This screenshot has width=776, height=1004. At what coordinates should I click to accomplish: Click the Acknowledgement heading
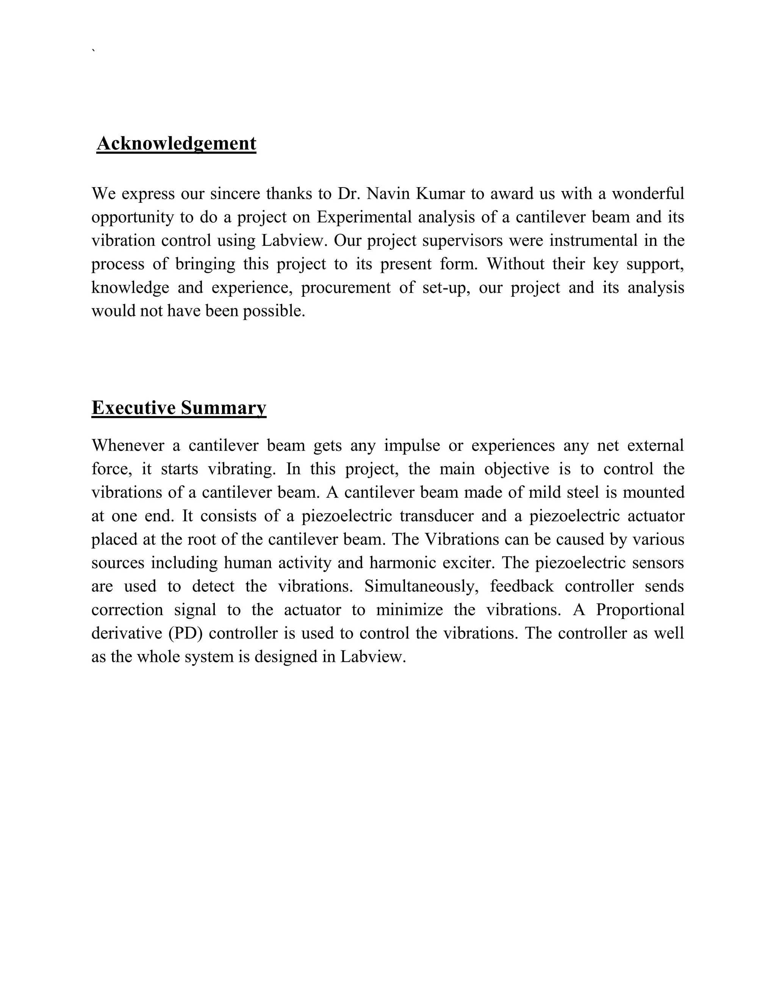pos(176,144)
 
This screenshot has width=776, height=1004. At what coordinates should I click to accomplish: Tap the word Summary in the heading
pos(224,408)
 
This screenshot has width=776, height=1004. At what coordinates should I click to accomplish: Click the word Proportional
pos(640,610)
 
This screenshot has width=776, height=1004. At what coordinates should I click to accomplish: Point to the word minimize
pos(410,610)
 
